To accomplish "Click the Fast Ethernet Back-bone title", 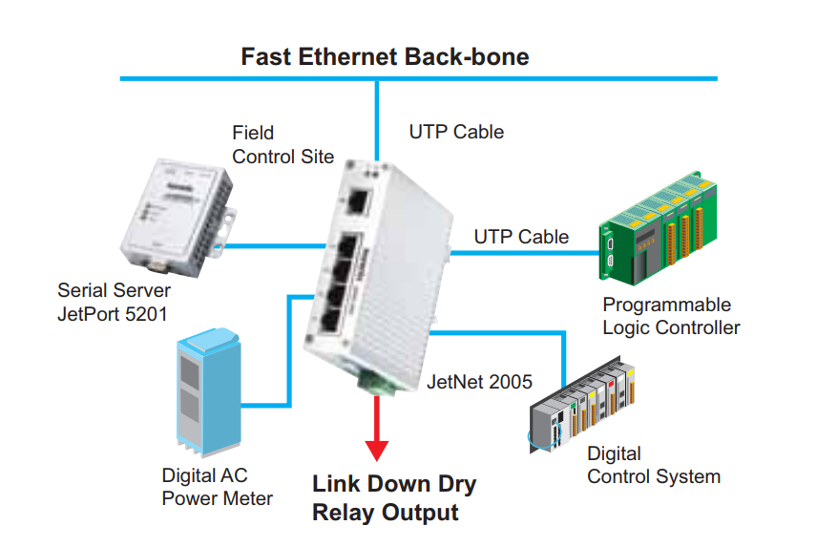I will (x=385, y=55).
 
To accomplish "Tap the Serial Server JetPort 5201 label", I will (x=114, y=301).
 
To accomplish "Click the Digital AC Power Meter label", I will (x=217, y=487).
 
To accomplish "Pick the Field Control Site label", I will (x=283, y=144).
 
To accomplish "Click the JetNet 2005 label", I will (x=480, y=382).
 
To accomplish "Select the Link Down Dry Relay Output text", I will (x=394, y=497).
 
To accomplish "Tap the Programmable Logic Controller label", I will (x=671, y=316).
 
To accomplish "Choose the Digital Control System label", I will (x=653, y=465).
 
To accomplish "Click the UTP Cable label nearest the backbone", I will (x=456, y=132).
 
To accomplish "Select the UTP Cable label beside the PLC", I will (x=521, y=236).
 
